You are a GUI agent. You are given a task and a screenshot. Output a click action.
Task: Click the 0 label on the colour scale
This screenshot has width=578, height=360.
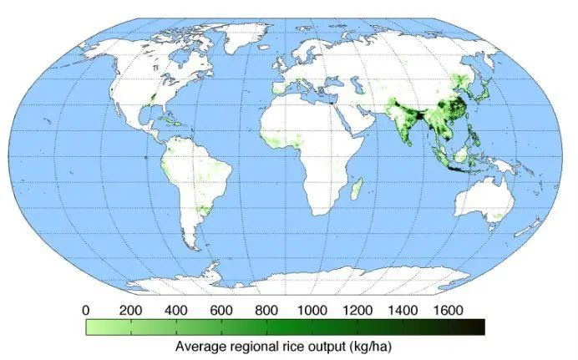point(87,311)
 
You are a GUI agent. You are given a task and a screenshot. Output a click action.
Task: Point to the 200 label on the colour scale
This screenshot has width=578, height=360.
point(130,311)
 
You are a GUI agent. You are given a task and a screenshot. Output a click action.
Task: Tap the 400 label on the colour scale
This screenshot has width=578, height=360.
point(175,311)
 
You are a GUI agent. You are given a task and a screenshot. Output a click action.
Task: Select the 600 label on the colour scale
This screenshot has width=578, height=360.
point(221,311)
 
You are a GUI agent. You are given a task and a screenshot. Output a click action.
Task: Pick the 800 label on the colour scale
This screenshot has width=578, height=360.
point(266,311)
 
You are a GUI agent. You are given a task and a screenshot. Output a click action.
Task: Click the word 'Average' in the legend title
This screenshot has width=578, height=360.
point(200,346)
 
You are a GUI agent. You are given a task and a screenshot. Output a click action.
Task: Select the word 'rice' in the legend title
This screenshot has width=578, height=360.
point(304,346)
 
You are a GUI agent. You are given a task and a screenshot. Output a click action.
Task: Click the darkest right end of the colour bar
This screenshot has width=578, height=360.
point(479,327)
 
